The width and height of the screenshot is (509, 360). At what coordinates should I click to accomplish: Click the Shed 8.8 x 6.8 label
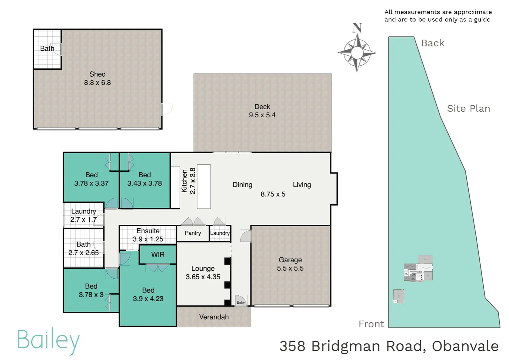[97, 78]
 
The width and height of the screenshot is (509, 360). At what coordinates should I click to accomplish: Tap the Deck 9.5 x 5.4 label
[262, 111]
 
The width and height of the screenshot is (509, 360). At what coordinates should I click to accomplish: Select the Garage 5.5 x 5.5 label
[290, 264]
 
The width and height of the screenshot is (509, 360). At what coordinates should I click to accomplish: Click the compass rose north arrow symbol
[357, 50]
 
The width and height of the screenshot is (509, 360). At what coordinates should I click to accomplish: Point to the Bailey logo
[49, 340]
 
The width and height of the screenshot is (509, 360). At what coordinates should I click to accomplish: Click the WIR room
[158, 255]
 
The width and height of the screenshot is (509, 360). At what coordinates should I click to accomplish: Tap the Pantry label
[193, 233]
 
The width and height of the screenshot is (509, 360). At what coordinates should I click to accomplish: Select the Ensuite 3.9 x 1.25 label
[148, 235]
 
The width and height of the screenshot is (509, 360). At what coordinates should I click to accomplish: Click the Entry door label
[241, 302]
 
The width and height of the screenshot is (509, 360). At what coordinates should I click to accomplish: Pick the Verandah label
[214, 317]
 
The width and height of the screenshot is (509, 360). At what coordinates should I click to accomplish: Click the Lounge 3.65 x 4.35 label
[203, 273]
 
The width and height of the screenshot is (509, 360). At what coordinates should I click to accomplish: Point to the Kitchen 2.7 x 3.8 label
[188, 181]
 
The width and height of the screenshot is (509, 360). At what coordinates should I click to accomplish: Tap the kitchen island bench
[204, 186]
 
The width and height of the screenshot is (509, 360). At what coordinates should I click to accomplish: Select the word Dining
[242, 185]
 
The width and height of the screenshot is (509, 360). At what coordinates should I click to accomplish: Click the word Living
[302, 185]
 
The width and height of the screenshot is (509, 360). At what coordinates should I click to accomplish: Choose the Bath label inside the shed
[47, 49]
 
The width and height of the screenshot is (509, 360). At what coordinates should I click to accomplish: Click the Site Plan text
[468, 109]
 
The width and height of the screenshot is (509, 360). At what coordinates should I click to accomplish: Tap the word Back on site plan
[433, 43]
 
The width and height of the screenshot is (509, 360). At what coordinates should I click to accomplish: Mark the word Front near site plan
[371, 324]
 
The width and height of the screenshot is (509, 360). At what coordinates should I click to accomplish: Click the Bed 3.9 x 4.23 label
[148, 295]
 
